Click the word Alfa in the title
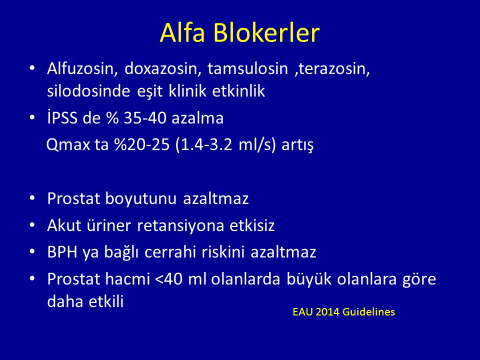tap(182, 32)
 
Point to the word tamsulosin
tap(247, 68)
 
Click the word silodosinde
tap(88, 91)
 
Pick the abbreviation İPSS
tap(62, 118)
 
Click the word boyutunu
tap(141, 199)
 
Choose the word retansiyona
tap(180, 225)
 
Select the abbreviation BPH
tap(62, 252)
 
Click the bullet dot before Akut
tap(32, 225)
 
